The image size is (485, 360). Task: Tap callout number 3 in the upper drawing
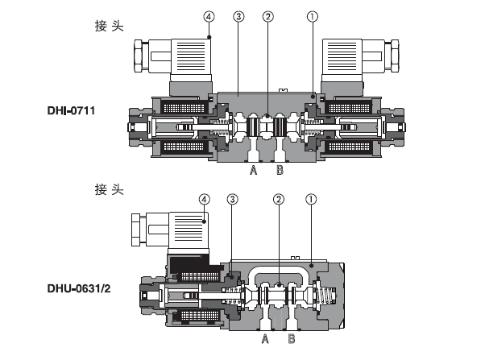pos(238,16)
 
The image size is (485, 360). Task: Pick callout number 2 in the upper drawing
pos(267,16)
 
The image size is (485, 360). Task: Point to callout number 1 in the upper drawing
pos(312,16)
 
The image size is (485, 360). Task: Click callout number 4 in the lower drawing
pos(205,198)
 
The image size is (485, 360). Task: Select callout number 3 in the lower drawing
pos(233,198)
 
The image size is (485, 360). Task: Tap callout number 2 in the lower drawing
pos(279,198)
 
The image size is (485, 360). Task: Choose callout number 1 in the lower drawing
pos(311,198)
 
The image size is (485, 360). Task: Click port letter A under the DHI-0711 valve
pos(252,172)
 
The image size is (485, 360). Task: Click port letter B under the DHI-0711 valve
pos(279,172)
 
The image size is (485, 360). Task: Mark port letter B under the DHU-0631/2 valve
pos(291,339)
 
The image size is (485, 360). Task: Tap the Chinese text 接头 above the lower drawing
pos(110,190)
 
